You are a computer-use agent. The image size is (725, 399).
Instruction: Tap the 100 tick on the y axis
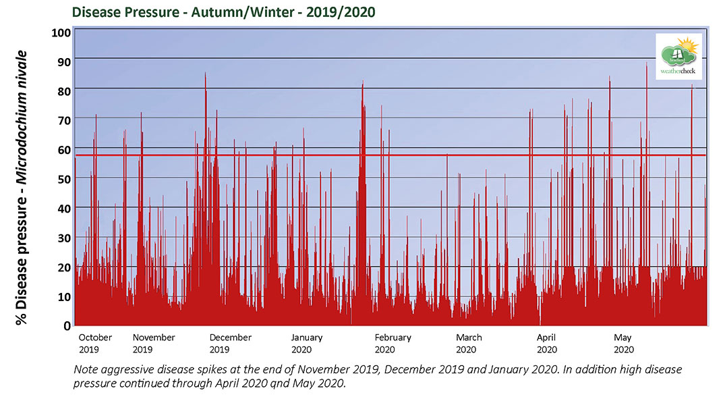pyautogui.click(x=61, y=33)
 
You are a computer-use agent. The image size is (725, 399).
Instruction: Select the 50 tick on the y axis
pyautogui.click(x=63, y=178)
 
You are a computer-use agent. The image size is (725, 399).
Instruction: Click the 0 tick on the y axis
pyautogui.click(x=66, y=326)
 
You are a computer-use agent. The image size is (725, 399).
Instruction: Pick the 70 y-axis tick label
pyautogui.click(x=63, y=119)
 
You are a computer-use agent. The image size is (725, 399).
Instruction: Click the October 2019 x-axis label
pyautogui.click(x=95, y=343)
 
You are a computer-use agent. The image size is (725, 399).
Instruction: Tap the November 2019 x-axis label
pyautogui.click(x=153, y=343)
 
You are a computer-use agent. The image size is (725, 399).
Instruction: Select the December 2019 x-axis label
pyautogui.click(x=230, y=343)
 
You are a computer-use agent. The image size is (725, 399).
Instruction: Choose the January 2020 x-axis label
pyautogui.click(x=307, y=343)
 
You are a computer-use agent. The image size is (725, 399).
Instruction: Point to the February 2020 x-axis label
pyautogui.click(x=393, y=343)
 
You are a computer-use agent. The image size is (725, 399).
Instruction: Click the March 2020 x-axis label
pyautogui.click(x=468, y=343)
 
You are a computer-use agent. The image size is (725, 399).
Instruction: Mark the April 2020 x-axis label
pyautogui.click(x=546, y=343)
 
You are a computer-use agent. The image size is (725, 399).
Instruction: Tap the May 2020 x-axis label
pyautogui.click(x=623, y=343)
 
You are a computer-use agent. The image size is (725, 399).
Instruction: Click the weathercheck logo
pyautogui.click(x=679, y=56)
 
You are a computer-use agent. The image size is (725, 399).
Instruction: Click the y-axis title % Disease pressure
pyautogui.click(x=22, y=188)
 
